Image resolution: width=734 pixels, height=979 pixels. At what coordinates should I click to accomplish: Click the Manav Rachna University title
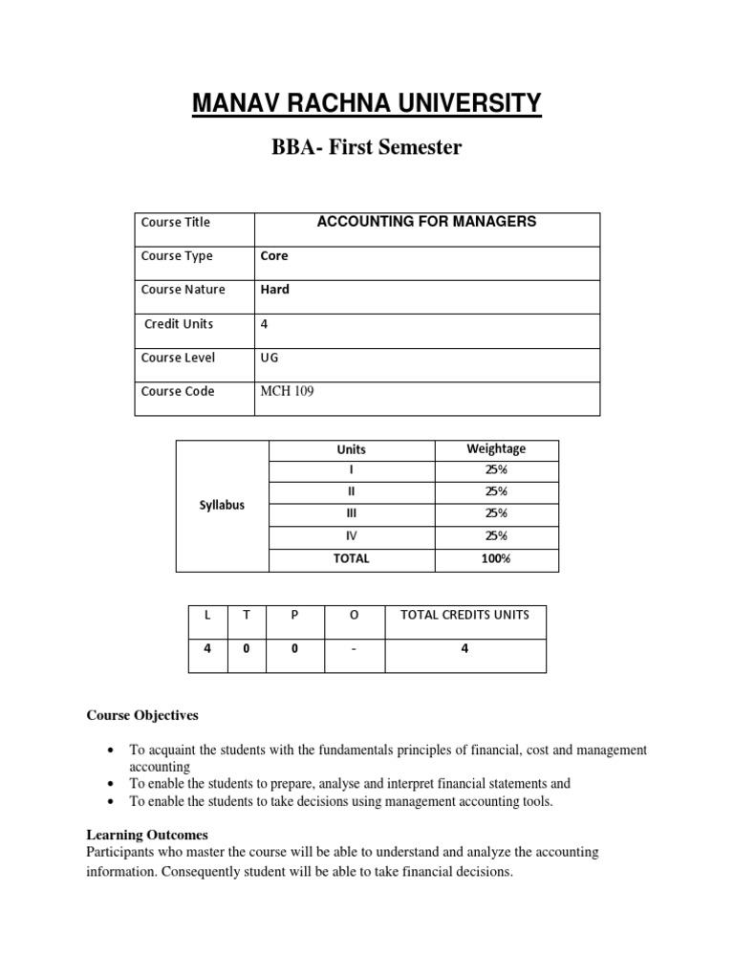tap(367, 102)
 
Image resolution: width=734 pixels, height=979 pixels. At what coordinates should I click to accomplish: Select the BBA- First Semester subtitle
tap(367, 149)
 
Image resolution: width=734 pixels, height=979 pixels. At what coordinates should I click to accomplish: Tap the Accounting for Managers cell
tap(426, 222)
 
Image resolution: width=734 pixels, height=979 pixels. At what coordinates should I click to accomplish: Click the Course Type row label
tap(177, 256)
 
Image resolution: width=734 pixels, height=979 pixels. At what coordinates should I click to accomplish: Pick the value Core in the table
tap(274, 256)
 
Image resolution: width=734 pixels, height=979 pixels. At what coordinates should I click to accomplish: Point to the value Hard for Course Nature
tap(275, 290)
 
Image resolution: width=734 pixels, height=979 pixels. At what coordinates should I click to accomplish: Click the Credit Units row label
tap(179, 324)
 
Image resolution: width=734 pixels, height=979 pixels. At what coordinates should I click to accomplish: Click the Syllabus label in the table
tap(222, 505)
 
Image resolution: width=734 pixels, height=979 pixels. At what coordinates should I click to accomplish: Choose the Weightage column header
tap(496, 448)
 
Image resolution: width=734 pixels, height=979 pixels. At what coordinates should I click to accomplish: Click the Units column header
tap(351, 449)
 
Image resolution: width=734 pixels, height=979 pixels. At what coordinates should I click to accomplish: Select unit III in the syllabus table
tap(351, 513)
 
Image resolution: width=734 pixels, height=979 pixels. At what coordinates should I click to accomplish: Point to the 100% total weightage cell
tap(496, 558)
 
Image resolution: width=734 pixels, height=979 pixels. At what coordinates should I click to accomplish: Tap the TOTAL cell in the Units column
tap(351, 558)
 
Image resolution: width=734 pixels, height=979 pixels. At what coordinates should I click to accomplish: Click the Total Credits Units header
tap(464, 615)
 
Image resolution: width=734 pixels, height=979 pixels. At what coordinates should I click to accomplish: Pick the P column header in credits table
tap(294, 616)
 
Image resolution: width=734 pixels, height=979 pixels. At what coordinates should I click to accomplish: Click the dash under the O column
tap(354, 649)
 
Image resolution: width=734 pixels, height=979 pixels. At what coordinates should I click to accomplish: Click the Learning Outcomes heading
tap(147, 835)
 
